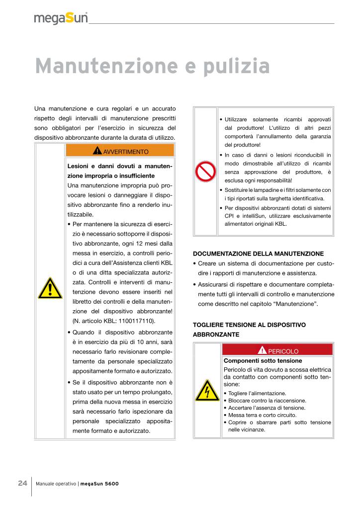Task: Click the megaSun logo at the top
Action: (61, 19)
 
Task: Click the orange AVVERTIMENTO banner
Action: (120, 151)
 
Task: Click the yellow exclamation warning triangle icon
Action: (50, 288)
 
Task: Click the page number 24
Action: (22, 483)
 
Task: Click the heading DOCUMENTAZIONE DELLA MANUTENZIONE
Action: (258, 254)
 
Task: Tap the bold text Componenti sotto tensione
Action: (263, 360)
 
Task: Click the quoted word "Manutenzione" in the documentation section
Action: (296, 304)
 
